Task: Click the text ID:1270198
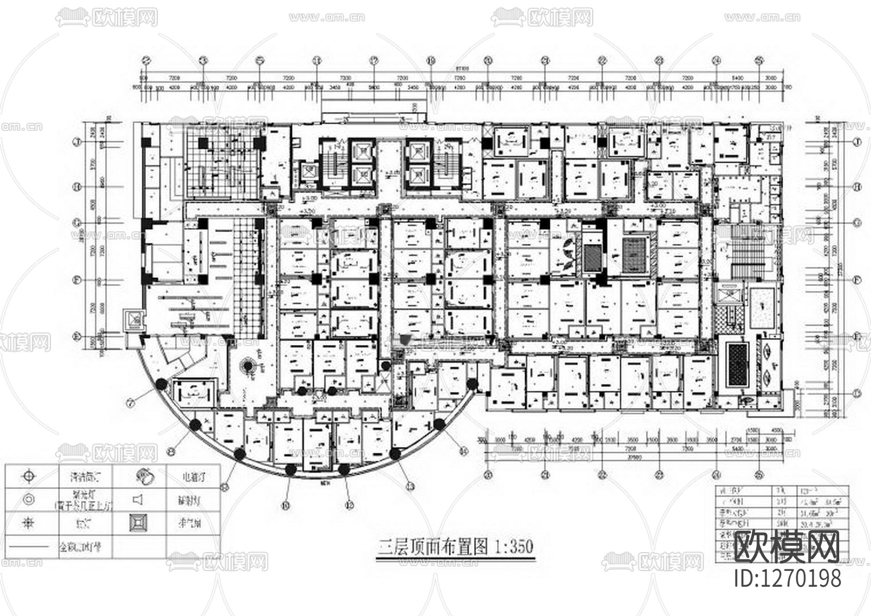tap(788, 578)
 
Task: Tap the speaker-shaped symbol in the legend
tap(137, 499)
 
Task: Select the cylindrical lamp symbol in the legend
tap(143, 476)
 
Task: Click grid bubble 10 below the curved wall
tap(286, 505)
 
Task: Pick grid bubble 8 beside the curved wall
tap(172, 451)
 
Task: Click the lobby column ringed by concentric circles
tap(247, 366)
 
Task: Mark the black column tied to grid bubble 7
tap(161, 383)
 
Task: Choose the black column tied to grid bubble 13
tap(395, 454)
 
